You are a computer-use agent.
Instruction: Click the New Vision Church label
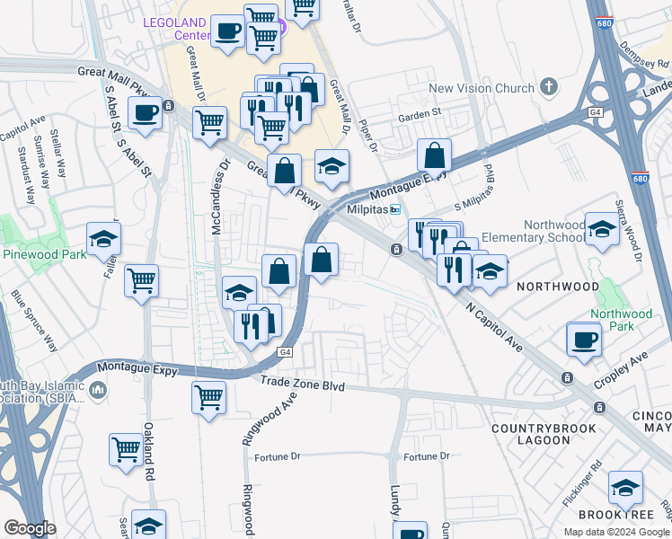tap(481, 88)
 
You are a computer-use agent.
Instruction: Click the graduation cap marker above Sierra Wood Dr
tap(601, 230)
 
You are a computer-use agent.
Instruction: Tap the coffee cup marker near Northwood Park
tap(584, 340)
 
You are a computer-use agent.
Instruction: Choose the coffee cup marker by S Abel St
tap(144, 114)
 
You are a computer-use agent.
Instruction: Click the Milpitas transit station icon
tap(393, 208)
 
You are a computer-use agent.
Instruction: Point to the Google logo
tap(30, 528)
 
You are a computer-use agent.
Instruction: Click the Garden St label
tap(420, 114)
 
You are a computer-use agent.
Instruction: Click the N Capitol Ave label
tap(493, 326)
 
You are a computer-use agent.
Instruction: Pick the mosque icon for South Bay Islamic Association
tap(98, 391)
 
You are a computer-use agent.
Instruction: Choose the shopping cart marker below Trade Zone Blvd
tap(209, 397)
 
